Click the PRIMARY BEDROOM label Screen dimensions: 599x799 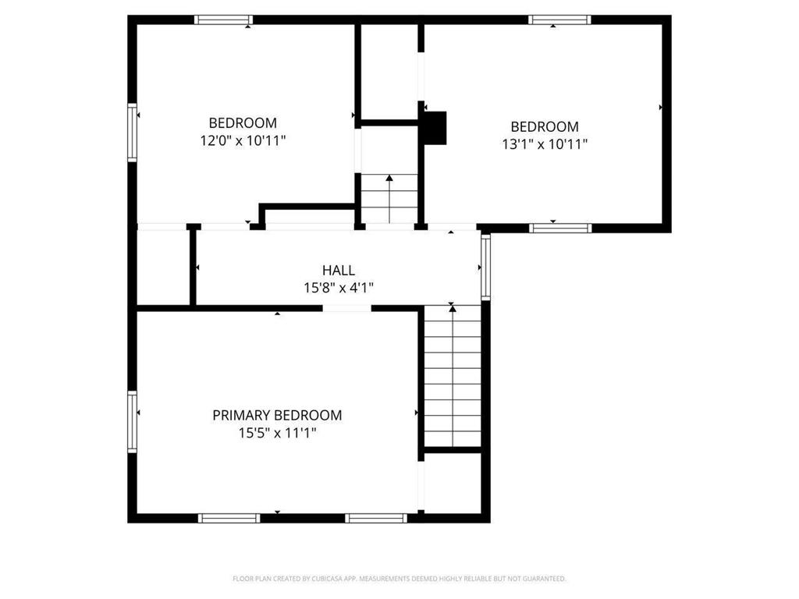(277, 416)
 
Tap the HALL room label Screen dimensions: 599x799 (339, 270)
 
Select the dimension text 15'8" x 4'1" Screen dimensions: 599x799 (339, 288)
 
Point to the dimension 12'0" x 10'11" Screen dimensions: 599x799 (243, 141)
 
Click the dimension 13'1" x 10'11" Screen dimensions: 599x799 (545, 144)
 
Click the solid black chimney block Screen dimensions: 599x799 (435, 128)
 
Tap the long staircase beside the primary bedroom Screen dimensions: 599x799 (453, 377)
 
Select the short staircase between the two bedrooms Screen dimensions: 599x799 (389, 199)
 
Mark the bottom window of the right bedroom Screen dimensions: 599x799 (560, 228)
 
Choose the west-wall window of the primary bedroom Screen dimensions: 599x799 (133, 421)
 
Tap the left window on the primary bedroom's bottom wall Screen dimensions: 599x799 (229, 517)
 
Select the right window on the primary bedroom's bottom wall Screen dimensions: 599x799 (376, 517)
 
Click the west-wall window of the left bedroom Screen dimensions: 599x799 (133, 133)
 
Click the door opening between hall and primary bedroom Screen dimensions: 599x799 (346, 308)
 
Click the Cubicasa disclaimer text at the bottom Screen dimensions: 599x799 (399, 579)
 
